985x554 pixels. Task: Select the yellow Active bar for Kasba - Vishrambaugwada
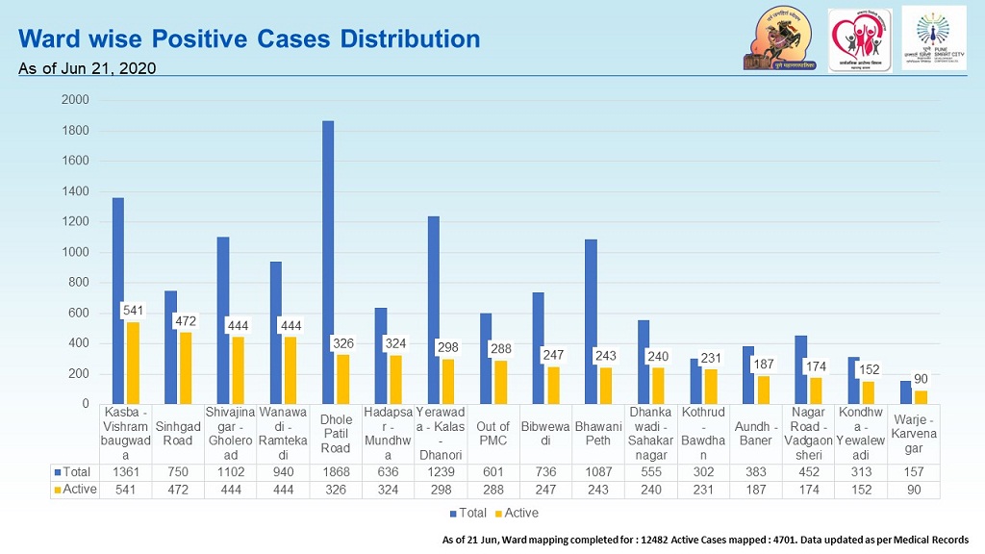(x=133, y=363)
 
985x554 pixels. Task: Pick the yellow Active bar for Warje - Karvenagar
(x=920, y=396)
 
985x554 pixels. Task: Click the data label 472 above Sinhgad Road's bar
(x=186, y=320)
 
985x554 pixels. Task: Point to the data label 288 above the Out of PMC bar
(x=501, y=349)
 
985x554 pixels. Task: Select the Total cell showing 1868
(x=335, y=471)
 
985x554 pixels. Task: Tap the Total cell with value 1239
(x=441, y=471)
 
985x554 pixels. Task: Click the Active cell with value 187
(x=756, y=489)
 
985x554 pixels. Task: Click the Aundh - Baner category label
(x=756, y=432)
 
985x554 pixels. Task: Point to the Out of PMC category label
(x=492, y=432)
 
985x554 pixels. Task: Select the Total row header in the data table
(x=77, y=471)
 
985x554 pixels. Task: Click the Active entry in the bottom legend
(x=516, y=513)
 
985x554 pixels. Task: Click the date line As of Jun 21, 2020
(x=88, y=68)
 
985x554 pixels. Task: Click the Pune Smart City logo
(x=934, y=39)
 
